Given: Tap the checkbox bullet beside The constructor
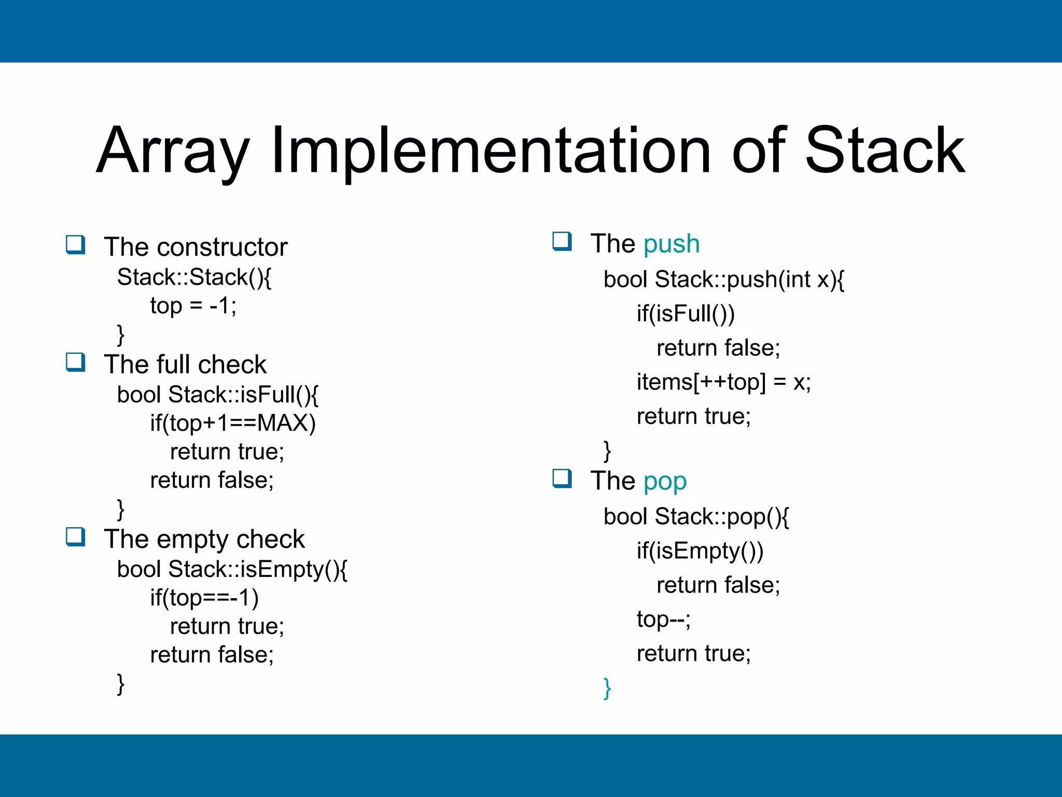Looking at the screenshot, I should [x=76, y=244].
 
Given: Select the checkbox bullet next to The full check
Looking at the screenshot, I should [x=76, y=362].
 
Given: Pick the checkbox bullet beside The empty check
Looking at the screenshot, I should [x=76, y=537].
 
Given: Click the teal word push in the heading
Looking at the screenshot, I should [x=671, y=244].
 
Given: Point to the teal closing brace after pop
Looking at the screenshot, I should [x=607, y=688].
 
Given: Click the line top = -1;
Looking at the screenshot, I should [x=193, y=306].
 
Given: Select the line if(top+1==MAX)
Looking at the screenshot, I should [x=233, y=423].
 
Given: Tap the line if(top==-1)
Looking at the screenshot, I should [x=204, y=598].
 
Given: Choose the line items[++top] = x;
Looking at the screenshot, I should [x=723, y=382].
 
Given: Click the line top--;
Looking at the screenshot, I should [x=663, y=619].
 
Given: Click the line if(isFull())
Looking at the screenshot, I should [x=686, y=313].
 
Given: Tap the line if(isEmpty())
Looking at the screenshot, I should [x=700, y=551].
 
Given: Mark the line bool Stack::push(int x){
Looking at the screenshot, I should [x=723, y=280].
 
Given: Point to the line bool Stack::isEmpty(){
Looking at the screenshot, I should [x=232, y=569].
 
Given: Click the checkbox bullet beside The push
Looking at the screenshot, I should [x=562, y=242].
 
